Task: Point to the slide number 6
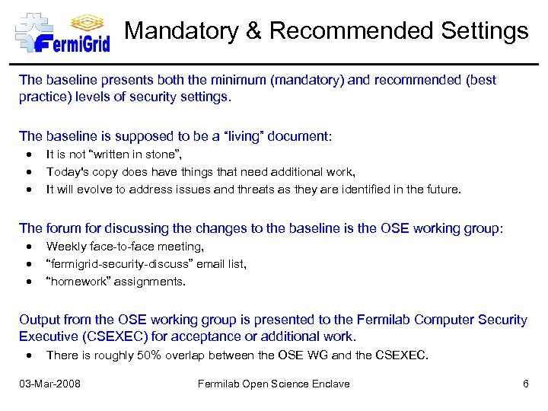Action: coord(525,384)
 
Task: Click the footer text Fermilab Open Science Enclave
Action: coord(274,384)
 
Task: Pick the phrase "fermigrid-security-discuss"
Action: coord(124,264)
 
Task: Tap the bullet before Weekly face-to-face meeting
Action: coord(28,247)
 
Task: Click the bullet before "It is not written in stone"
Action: coord(28,155)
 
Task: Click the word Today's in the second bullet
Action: coord(67,172)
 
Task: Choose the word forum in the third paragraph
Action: coord(64,228)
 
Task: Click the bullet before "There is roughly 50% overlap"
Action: coord(28,355)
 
